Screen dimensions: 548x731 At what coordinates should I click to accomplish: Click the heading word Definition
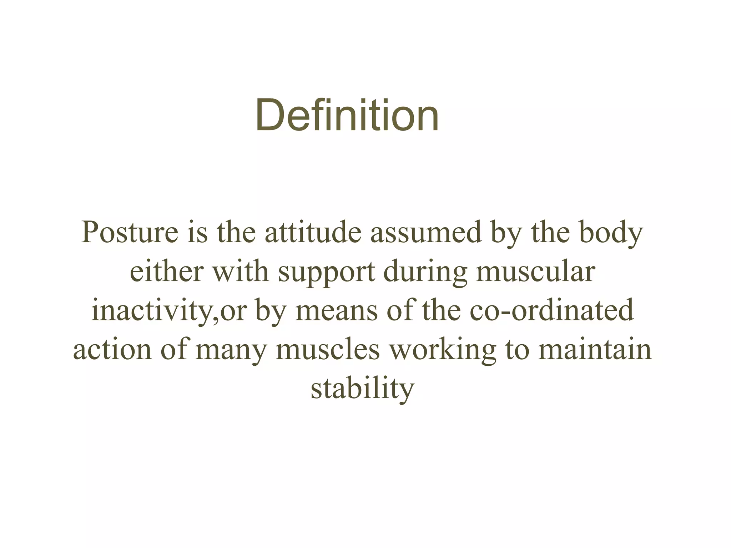pyautogui.click(x=347, y=115)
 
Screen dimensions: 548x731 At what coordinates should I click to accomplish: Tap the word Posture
pyautogui.click(x=130, y=233)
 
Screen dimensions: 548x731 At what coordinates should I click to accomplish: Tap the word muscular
pyautogui.click(x=535, y=272)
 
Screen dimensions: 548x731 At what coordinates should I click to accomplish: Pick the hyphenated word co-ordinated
pyautogui.click(x=551, y=311)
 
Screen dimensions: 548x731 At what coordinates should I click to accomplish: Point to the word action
pyautogui.click(x=112, y=350)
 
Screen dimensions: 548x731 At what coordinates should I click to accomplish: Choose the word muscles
pyautogui.click(x=328, y=350)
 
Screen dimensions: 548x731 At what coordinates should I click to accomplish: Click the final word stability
pyautogui.click(x=362, y=389)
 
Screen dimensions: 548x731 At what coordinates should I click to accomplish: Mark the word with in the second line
pyautogui.click(x=241, y=272)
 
